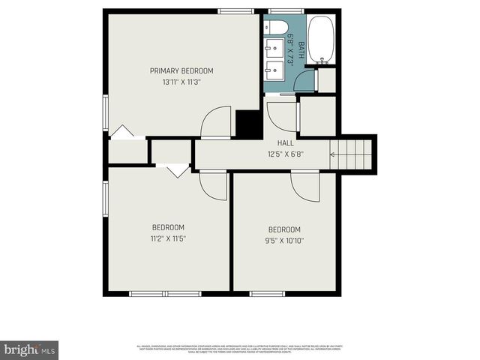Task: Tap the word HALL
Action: pyautogui.click(x=285, y=143)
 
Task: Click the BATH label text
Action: pyautogui.click(x=301, y=50)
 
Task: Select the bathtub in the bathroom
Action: pyautogui.click(x=321, y=39)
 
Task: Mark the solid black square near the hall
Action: pyautogui.click(x=247, y=124)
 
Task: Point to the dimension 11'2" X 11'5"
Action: pyautogui.click(x=168, y=238)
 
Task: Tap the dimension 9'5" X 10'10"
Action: pyautogui.click(x=284, y=241)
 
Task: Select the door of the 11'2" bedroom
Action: pyautogui.click(x=213, y=186)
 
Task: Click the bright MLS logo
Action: pyautogui.click(x=29, y=349)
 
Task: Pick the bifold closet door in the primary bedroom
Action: pyautogui.click(x=122, y=133)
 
